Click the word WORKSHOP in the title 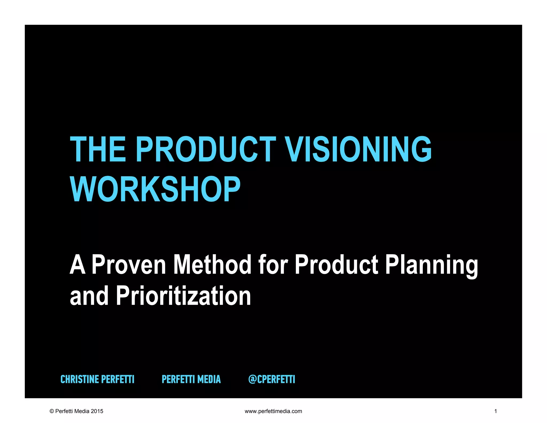tap(155, 189)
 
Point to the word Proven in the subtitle tap(129, 265)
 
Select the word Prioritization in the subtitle tap(183, 296)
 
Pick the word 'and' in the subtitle tap(89, 296)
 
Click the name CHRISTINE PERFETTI tap(97, 379)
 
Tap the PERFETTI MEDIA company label tap(191, 379)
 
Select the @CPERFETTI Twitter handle tap(272, 379)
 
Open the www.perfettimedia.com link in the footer tap(273, 411)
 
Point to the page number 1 tap(495, 411)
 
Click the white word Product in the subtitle tap(337, 265)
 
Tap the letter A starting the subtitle tap(77, 265)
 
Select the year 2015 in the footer tap(97, 411)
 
